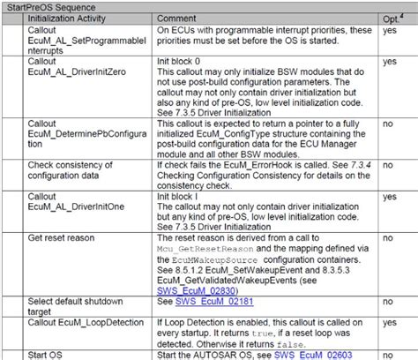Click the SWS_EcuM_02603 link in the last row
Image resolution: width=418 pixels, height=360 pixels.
[x=336, y=354]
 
